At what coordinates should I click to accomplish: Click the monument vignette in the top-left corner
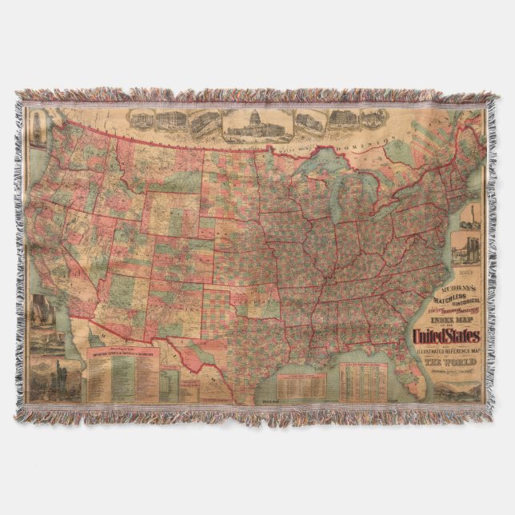click(37, 127)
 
